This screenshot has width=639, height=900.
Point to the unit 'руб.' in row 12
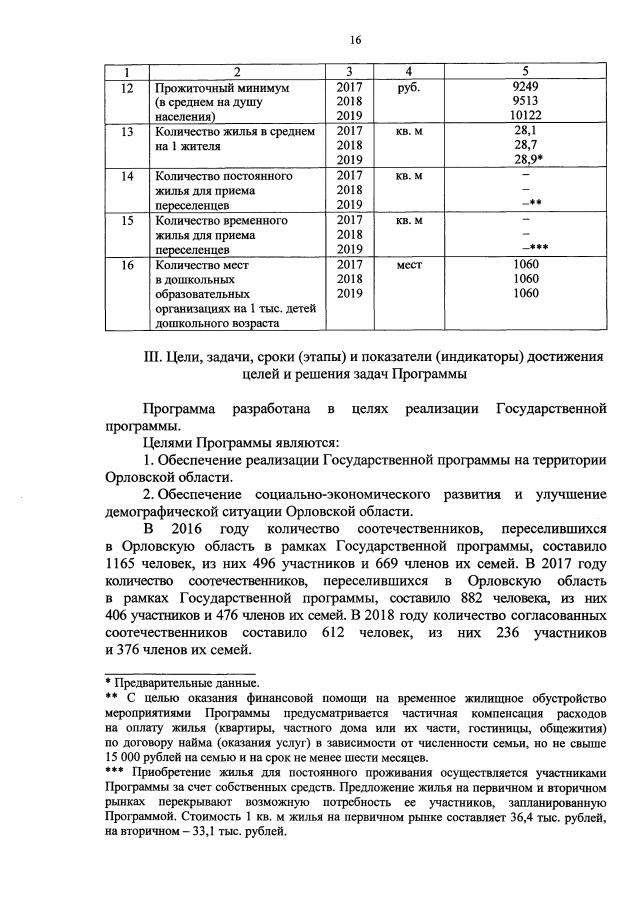[x=409, y=87]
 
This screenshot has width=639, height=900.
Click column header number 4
[x=410, y=72]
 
